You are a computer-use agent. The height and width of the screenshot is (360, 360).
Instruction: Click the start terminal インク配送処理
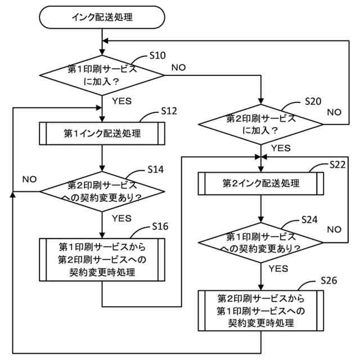coord(102,17)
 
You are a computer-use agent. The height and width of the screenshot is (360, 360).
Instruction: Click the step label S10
coord(157,56)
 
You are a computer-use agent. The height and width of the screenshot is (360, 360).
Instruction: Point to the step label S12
coord(169,111)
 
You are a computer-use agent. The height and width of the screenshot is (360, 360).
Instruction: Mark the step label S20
coord(313,101)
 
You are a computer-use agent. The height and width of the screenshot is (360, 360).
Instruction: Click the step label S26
coord(328,280)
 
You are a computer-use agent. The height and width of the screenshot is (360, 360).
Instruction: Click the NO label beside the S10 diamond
coord(178,67)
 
